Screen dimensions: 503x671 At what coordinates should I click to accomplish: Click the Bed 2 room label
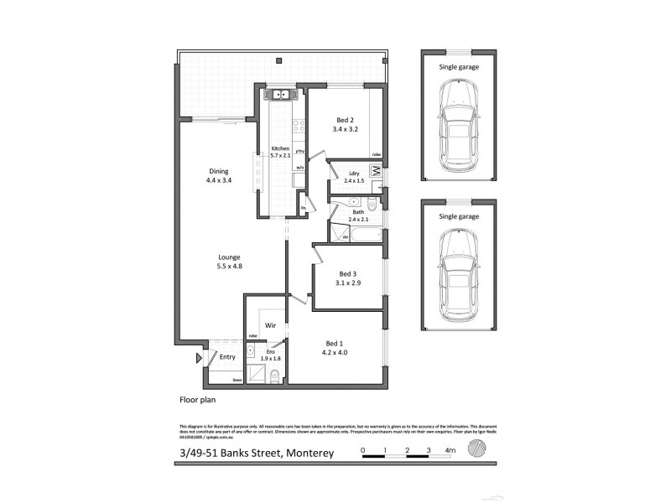pyautogui.click(x=346, y=119)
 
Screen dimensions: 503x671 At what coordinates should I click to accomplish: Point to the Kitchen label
pyautogui.click(x=279, y=148)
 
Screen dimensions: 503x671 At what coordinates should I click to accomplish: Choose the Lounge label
pyautogui.click(x=229, y=257)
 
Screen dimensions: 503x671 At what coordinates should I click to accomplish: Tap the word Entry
pyautogui.click(x=226, y=357)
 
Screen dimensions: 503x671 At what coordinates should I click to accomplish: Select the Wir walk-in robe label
pyautogui.click(x=270, y=324)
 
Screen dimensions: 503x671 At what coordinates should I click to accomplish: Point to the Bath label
pyautogui.click(x=358, y=212)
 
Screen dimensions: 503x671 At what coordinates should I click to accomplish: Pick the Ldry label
pyautogui.click(x=354, y=174)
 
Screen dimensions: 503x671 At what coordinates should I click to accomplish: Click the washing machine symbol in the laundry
pyautogui.click(x=376, y=174)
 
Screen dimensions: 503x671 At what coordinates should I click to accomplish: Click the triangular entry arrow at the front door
pyautogui.click(x=199, y=358)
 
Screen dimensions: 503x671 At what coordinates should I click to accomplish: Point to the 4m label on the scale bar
pyautogui.click(x=450, y=450)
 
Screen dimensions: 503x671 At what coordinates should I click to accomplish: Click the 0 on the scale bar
pyautogui.click(x=363, y=450)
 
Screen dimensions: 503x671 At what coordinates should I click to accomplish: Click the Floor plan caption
pyautogui.click(x=198, y=400)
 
